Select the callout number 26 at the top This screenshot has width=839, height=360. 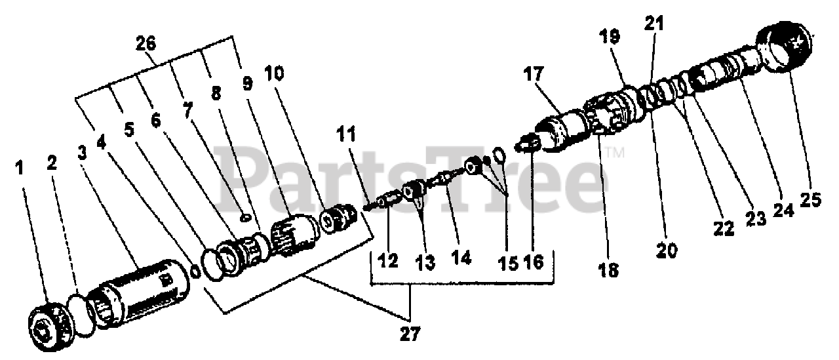click(x=146, y=45)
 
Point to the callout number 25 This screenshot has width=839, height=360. click(x=811, y=199)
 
